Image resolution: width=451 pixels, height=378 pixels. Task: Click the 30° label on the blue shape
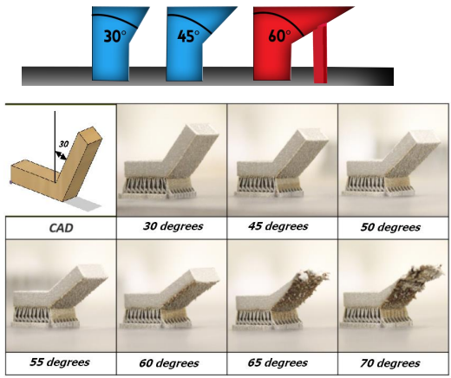tap(114, 36)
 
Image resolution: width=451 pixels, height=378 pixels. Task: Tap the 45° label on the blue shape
tap(188, 36)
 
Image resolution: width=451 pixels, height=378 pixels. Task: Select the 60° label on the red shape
tap(279, 36)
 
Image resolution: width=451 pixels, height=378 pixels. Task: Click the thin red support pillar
tap(321, 54)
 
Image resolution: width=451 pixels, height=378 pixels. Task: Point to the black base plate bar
tap(207, 76)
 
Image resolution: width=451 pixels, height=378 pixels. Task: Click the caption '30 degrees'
tap(173, 226)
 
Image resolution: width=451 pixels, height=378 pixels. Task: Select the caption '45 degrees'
tap(278, 226)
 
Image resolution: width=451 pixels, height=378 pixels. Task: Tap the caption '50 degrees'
tap(390, 227)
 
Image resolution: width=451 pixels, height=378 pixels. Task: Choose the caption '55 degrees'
tap(60, 362)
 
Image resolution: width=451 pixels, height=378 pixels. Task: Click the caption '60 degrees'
tap(169, 363)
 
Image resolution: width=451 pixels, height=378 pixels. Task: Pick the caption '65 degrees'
tap(278, 363)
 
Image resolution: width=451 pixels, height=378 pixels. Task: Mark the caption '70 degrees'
tap(390, 363)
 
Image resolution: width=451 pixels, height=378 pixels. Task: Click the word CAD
tap(61, 228)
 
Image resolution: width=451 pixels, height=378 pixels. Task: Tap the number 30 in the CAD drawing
tap(63, 144)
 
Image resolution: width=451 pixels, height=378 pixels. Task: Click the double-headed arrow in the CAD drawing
tap(61, 155)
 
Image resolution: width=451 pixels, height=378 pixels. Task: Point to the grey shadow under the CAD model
tap(83, 204)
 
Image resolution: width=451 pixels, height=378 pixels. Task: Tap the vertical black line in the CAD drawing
tap(55, 147)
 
